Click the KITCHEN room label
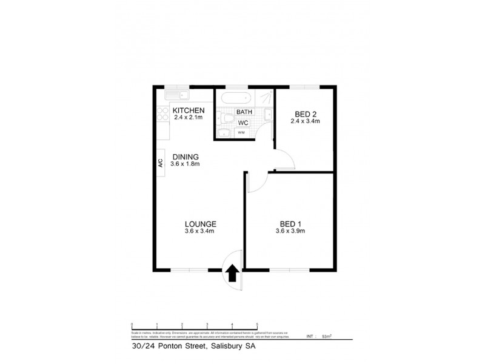189,110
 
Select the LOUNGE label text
200,224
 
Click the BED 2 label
306,114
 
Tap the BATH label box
244,112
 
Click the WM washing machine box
241,132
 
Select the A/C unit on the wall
161,163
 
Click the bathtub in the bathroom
235,98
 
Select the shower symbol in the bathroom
265,97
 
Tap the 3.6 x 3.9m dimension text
290,231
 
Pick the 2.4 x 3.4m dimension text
306,121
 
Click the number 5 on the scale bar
258,325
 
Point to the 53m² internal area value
327,335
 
